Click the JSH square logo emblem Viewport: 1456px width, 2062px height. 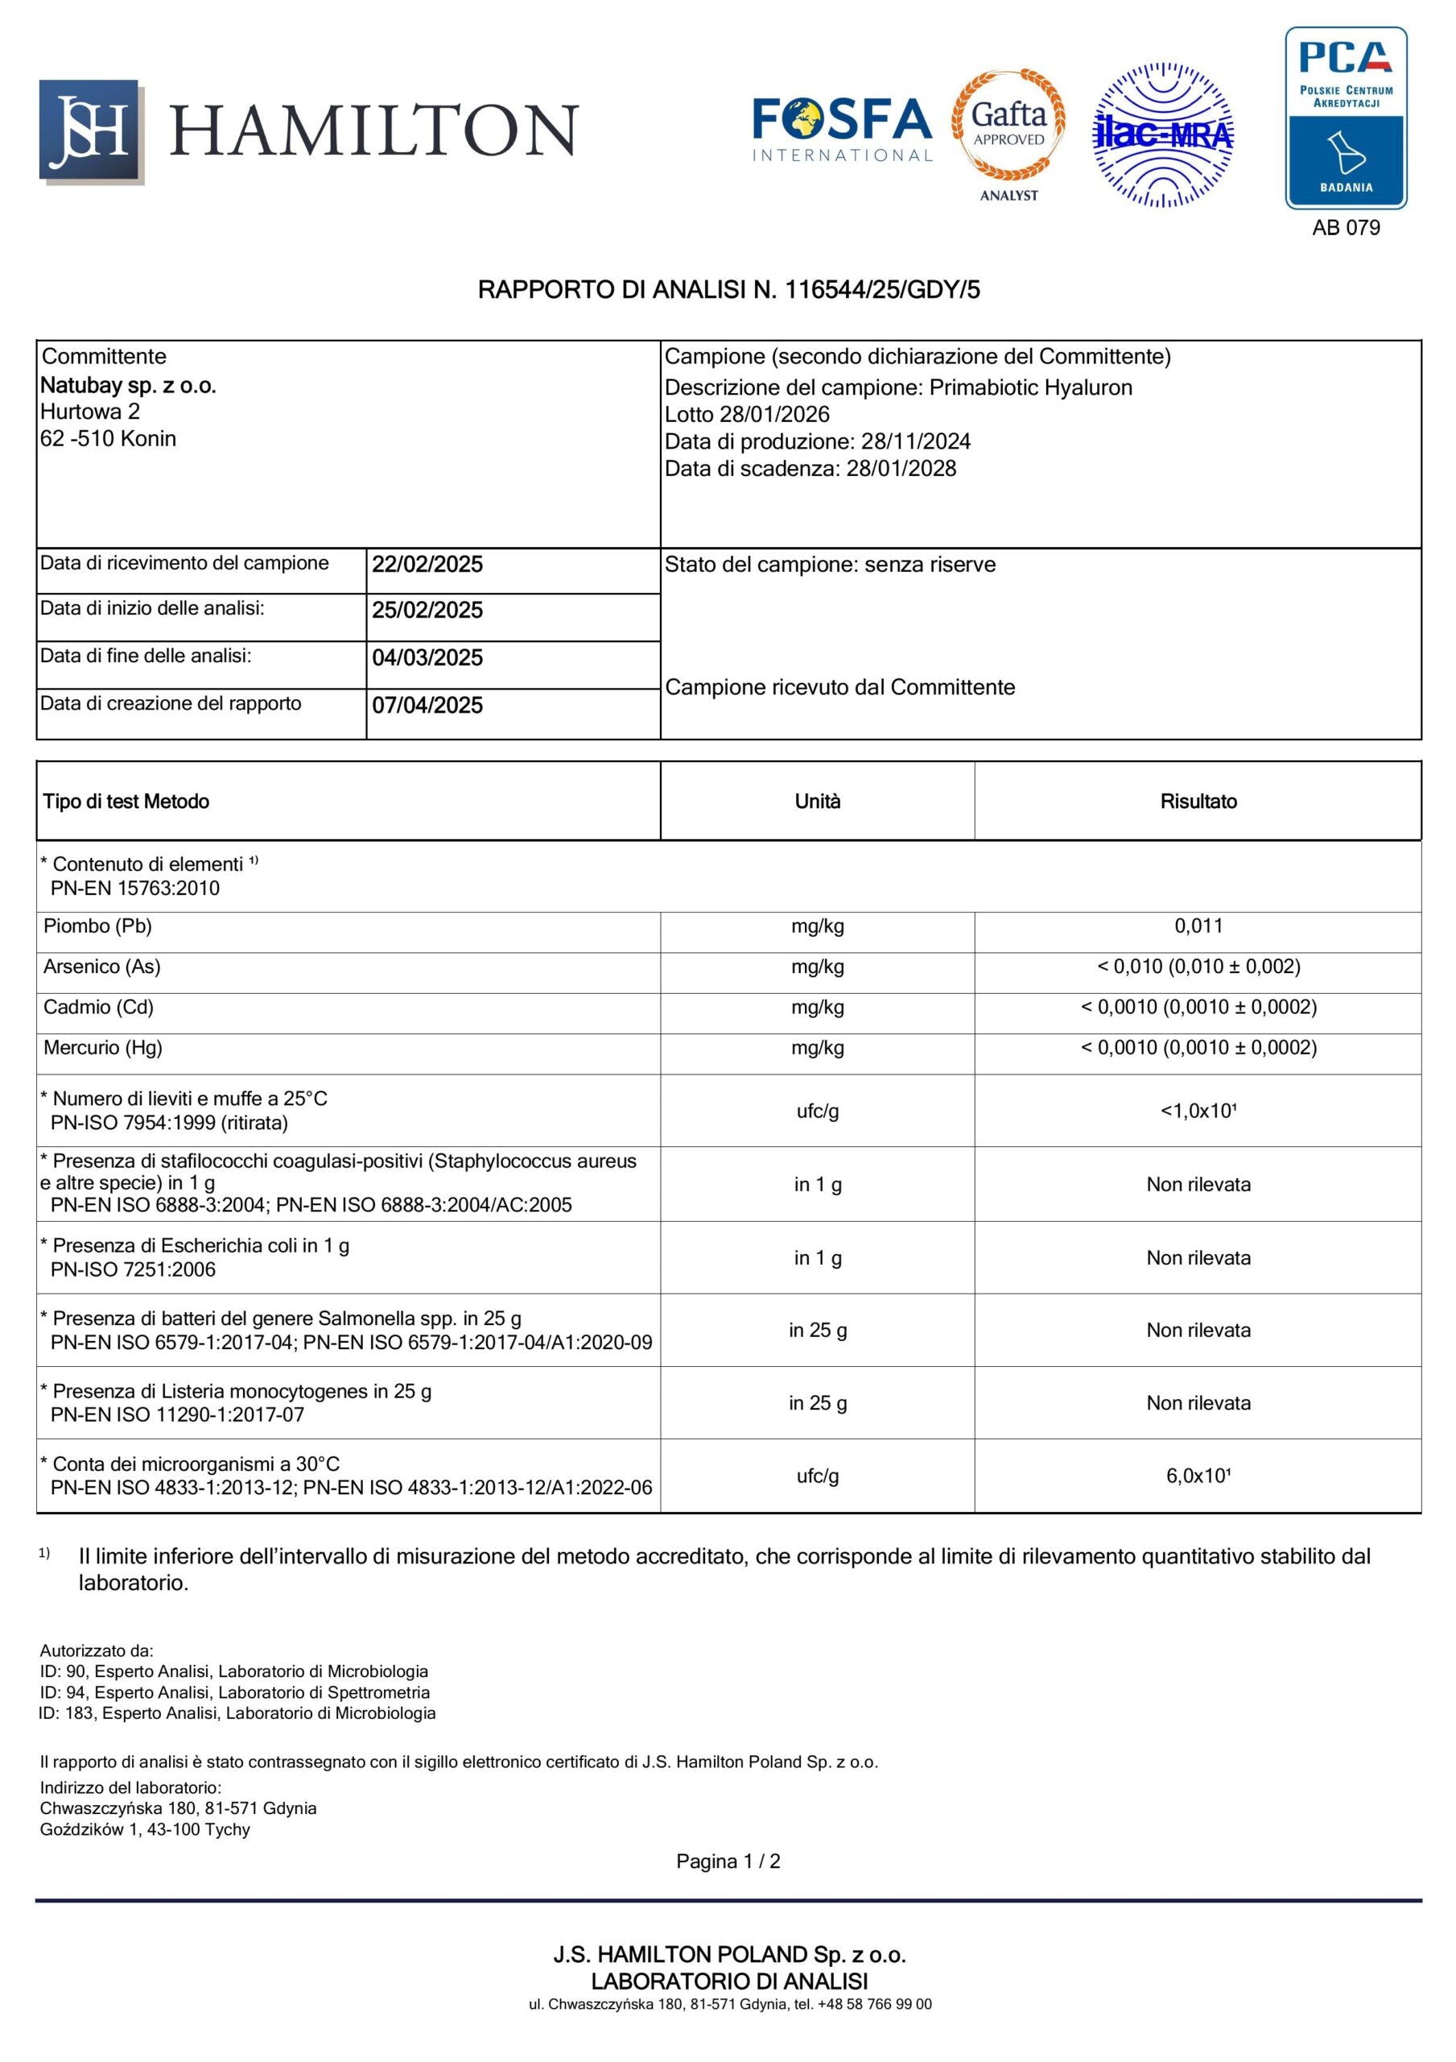90,131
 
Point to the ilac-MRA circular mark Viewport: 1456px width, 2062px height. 1162,135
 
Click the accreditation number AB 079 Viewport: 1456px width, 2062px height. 1345,228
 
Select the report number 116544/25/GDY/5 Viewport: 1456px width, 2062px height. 882,290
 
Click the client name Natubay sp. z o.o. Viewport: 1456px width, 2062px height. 128,385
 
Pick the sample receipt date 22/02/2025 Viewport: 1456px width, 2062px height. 427,564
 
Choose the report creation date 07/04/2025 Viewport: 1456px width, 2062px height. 427,705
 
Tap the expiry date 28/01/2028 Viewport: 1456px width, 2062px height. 901,468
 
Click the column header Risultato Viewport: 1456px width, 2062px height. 1198,801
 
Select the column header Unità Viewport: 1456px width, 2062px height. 817,801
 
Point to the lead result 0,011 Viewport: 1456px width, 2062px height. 1198,926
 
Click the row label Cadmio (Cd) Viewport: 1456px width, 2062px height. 99,1007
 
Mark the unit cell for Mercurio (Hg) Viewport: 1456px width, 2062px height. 817,1047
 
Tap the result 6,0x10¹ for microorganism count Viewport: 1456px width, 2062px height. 1198,1476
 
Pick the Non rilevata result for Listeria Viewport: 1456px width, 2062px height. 1198,1403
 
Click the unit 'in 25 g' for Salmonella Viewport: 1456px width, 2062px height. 817,1330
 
